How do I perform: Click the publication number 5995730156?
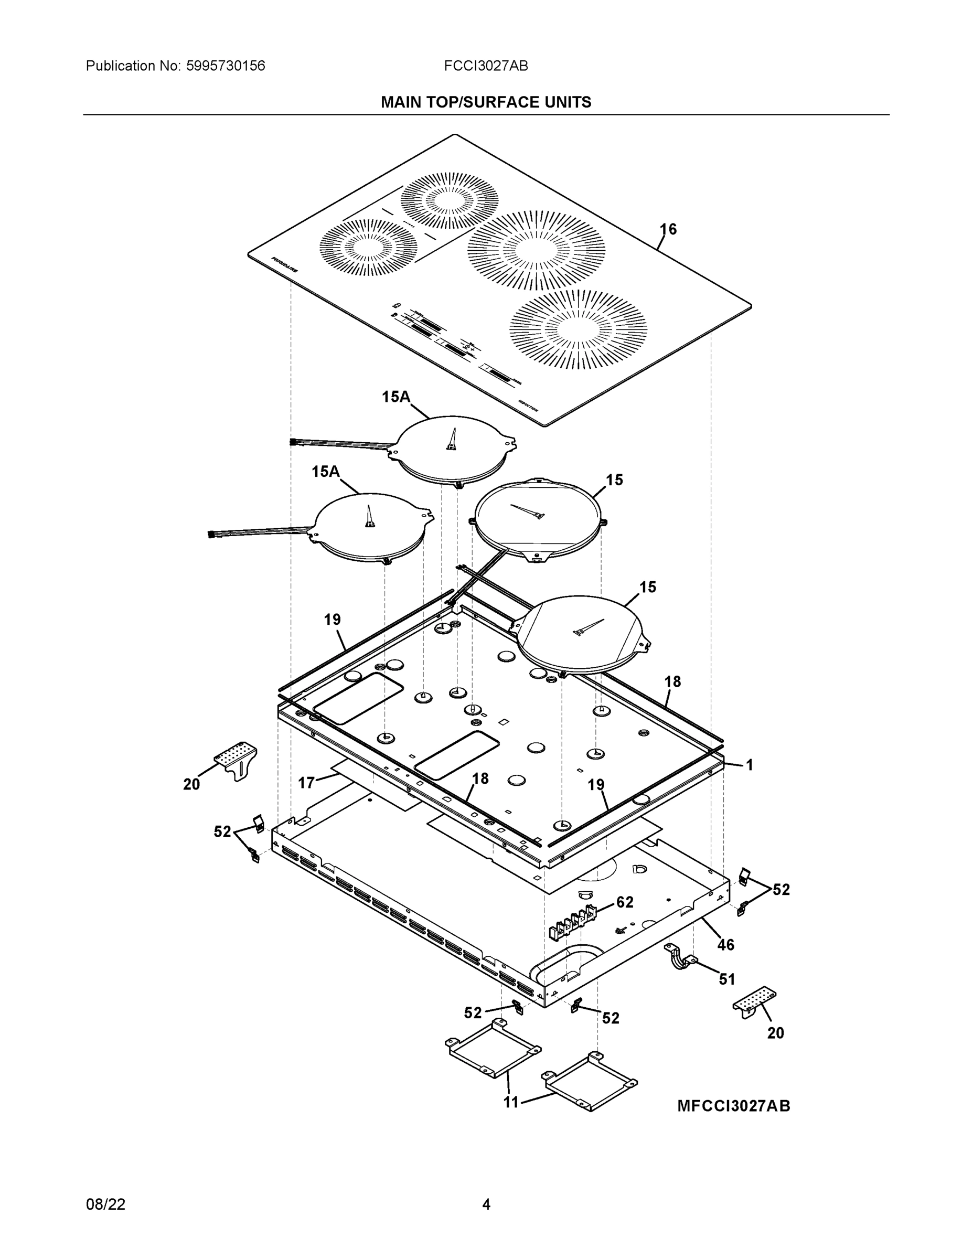(226, 66)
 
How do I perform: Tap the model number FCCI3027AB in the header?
(485, 66)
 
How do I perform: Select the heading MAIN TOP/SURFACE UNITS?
(485, 103)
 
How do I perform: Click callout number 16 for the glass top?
(668, 229)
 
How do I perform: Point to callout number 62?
(625, 902)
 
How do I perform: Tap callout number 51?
(727, 979)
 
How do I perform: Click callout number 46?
(726, 944)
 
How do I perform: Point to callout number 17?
(306, 782)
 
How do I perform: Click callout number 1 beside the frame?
(750, 765)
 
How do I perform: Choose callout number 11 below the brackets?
(511, 1102)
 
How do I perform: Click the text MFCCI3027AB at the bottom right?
(733, 1106)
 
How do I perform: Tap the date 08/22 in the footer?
(105, 1204)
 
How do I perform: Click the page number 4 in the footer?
(486, 1204)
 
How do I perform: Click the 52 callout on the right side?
(780, 890)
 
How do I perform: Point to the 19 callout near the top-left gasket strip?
(332, 620)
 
